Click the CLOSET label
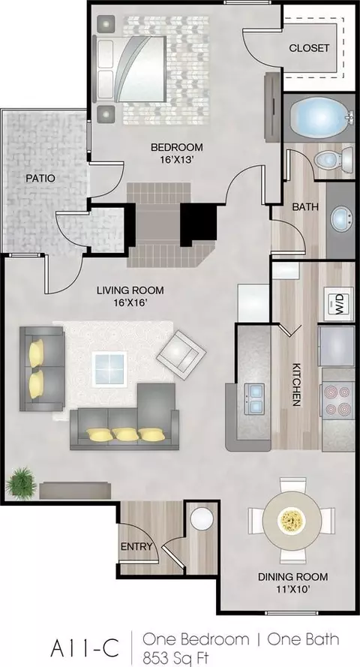coord(309,48)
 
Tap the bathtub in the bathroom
coord(319,117)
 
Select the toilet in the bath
coord(334,160)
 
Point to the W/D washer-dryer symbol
coord(339,304)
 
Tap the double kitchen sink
coord(253,398)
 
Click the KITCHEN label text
coord(297,385)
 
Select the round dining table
coord(292,520)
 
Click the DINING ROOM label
coord(293,577)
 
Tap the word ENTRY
coord(136,547)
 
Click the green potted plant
coord(20,483)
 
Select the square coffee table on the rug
coord(110,369)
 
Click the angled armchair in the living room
coord(181,354)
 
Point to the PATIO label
coord(40,178)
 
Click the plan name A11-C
coord(84,648)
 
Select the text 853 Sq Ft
coord(176,658)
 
